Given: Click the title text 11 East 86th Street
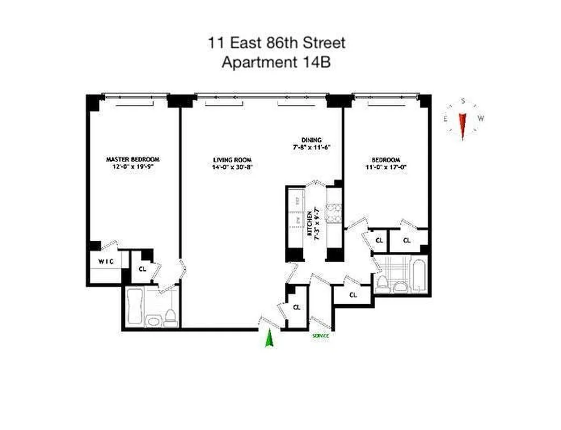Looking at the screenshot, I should (277, 43).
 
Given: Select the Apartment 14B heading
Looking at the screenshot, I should (276, 62).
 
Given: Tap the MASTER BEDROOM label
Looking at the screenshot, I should (133, 160).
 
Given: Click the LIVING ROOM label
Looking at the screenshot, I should (232, 160).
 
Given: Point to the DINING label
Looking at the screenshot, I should (311, 140).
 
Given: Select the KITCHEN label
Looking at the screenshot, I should (310, 225).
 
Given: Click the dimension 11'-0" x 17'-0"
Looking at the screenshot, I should (386, 167).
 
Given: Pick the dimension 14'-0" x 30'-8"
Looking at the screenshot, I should (232, 167).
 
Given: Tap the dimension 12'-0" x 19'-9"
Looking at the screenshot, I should (133, 167).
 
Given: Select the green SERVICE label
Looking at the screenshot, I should (320, 336).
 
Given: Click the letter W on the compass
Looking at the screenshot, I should (480, 119).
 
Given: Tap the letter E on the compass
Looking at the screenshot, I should (445, 119).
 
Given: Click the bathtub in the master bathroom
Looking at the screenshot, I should (134, 306).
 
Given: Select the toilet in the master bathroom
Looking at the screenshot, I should (170, 318).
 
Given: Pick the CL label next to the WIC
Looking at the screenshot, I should (142, 269).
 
